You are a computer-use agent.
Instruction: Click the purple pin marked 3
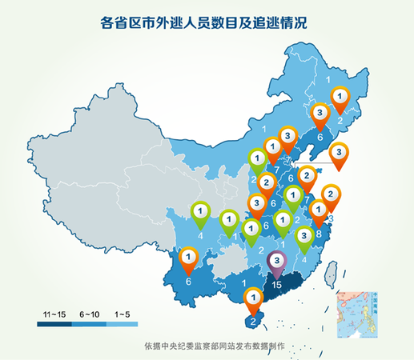[276, 261]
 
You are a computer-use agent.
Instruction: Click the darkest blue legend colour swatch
[53, 324]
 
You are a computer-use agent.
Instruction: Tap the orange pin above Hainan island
[253, 299]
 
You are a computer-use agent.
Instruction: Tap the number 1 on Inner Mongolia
[263, 128]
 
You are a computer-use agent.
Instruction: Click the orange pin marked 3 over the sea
[339, 152]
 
